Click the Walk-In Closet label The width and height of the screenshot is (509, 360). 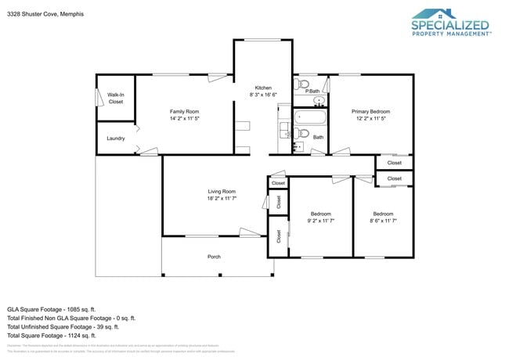tap(116, 99)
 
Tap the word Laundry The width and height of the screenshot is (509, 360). tap(116, 139)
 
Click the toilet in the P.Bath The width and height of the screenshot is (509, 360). tap(305, 85)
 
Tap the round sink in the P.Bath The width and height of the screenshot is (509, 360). tap(319, 101)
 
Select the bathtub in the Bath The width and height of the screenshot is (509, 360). tap(308, 120)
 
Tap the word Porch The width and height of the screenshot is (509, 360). tap(214, 257)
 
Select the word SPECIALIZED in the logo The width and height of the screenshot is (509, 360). tap(449, 25)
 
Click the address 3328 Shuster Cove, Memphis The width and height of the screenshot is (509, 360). tap(45, 14)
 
